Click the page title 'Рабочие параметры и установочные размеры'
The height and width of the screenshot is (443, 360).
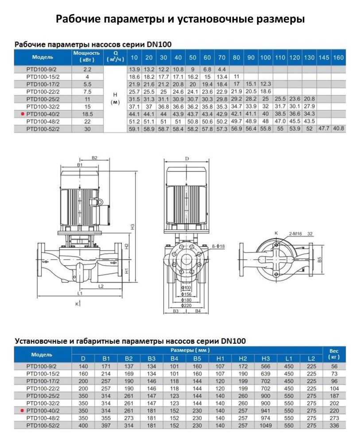(180, 19)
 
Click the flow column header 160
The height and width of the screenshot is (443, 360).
(338, 58)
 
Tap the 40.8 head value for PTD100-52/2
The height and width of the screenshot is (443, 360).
(338, 128)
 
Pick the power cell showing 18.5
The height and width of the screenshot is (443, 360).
(87, 114)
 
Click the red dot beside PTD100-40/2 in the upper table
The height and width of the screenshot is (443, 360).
(21, 114)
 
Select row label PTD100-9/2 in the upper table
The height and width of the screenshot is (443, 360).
(43, 70)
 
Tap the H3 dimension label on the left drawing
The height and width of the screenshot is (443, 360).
(132, 226)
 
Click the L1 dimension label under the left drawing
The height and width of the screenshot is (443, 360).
(80, 293)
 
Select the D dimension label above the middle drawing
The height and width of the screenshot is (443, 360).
(187, 158)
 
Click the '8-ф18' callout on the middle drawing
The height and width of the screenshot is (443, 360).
(219, 245)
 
